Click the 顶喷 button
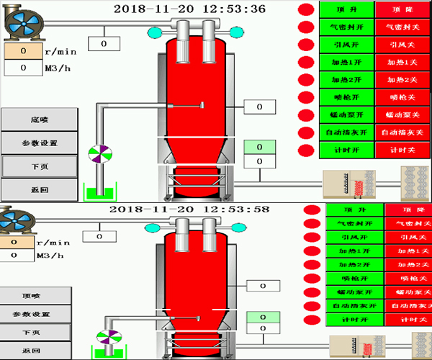36,295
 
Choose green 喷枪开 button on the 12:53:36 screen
346,96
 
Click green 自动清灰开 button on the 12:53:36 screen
346,132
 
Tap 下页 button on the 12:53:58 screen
36,333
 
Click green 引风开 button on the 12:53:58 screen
354,236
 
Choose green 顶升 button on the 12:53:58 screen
354,210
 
